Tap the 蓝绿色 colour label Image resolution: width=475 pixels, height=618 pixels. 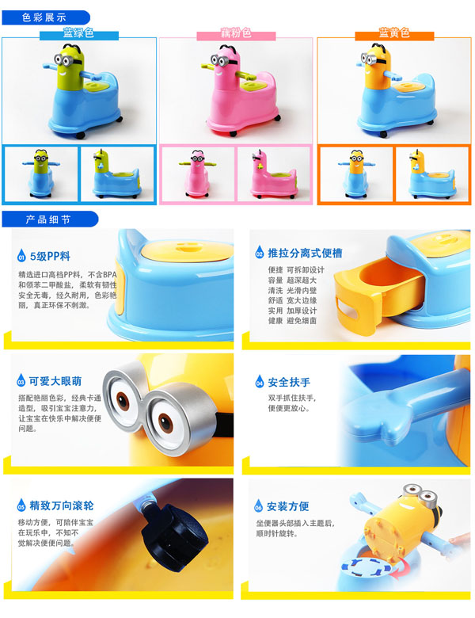(78, 34)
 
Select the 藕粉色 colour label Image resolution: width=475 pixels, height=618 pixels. (236, 34)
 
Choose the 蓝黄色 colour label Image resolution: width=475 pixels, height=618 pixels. (393, 34)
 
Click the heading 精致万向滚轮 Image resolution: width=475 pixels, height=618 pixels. (62, 505)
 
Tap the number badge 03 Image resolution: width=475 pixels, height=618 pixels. (21, 381)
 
